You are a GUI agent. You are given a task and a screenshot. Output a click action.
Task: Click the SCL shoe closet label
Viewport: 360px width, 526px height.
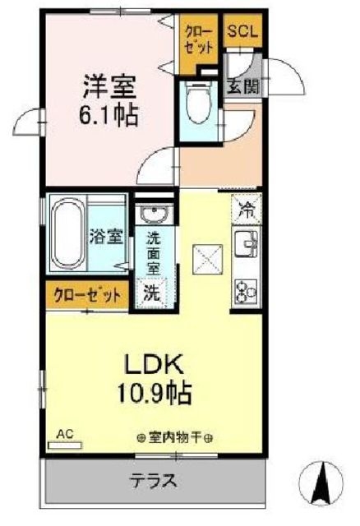tap(242, 32)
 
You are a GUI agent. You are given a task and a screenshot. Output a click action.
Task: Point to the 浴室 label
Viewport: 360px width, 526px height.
tap(107, 237)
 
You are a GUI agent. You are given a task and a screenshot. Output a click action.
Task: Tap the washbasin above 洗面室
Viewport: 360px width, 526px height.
tap(152, 216)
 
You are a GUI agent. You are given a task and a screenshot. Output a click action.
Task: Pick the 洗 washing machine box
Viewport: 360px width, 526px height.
tap(152, 291)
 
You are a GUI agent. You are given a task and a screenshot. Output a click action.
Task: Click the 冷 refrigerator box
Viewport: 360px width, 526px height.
tap(246, 209)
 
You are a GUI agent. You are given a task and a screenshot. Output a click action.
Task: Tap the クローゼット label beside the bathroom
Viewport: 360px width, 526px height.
tap(87, 294)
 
